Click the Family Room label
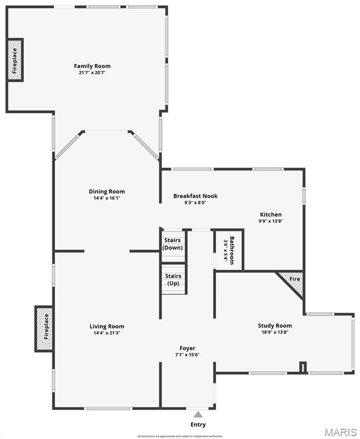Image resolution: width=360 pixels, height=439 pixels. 92,66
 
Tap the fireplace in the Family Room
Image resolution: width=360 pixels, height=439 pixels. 15,59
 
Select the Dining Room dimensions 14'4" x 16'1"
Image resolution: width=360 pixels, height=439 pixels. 106,198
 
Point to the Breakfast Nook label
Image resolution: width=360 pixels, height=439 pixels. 195,196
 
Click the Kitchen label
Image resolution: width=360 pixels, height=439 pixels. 270,214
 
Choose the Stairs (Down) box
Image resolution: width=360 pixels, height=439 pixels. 173,244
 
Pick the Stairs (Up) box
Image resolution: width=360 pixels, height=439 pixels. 173,280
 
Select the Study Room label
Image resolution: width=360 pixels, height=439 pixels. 275,326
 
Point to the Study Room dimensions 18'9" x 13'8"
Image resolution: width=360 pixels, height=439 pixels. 275,332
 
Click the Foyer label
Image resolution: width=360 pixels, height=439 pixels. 187,348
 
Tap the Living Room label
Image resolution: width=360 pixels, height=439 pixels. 107,326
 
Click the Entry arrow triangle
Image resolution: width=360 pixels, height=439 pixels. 198,414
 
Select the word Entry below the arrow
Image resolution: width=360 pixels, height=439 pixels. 198,425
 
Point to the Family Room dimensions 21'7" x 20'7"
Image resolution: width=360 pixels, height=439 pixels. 92,73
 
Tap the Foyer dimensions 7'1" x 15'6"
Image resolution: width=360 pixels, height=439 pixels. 187,354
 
